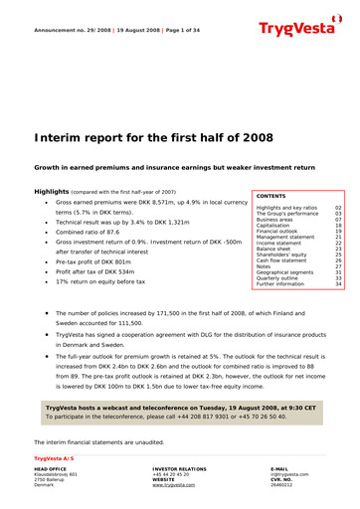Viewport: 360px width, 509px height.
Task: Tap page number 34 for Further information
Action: [339, 283]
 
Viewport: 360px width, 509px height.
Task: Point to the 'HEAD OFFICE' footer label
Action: [51, 468]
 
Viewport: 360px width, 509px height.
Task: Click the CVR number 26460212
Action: [282, 485]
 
